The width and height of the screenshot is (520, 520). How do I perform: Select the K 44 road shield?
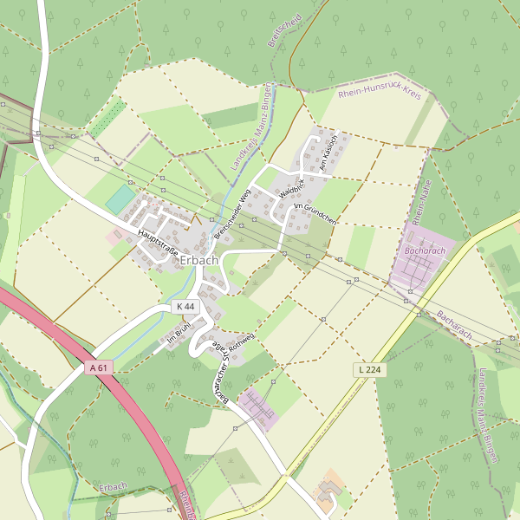185,307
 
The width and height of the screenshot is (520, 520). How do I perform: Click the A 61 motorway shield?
100,367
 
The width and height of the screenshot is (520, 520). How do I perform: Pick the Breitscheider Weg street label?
231,212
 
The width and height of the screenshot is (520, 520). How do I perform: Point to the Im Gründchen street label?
315,213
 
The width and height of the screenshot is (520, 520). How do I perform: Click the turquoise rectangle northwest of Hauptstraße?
120,199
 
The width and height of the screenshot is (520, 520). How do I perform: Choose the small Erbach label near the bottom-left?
113,487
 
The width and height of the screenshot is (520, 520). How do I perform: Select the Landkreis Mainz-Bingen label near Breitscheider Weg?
250,126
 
